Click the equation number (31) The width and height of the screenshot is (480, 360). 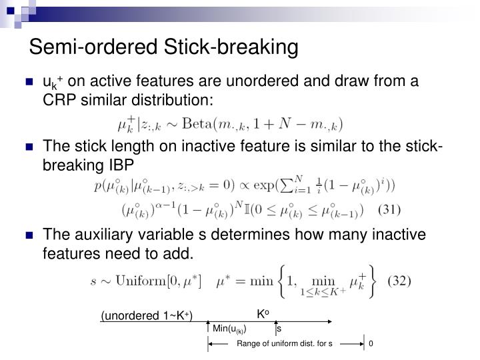coord(389,209)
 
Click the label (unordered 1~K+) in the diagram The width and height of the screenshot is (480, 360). coord(146,315)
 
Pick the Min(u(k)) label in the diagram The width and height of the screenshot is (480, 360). coord(230,328)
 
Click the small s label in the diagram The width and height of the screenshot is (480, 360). coord(279,328)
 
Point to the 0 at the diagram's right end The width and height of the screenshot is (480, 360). coord(371,344)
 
